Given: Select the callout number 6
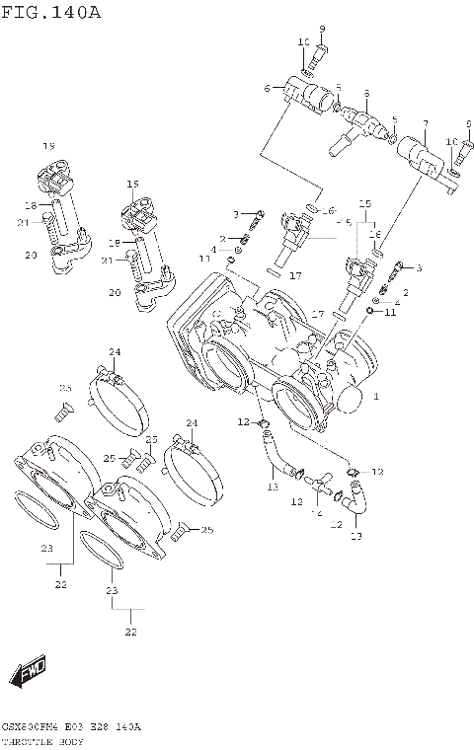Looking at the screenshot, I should pyautogui.click(x=267, y=89).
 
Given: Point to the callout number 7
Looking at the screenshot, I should pyautogui.click(x=425, y=124).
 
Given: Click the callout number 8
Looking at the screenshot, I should pyautogui.click(x=365, y=94).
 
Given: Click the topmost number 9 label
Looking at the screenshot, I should pyautogui.click(x=322, y=27).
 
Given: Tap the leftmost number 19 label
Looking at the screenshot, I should pyautogui.click(x=48, y=146).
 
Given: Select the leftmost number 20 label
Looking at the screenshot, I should pyautogui.click(x=31, y=256).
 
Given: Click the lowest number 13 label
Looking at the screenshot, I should pyautogui.click(x=356, y=537).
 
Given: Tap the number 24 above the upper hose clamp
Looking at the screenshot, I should pyautogui.click(x=115, y=351).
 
